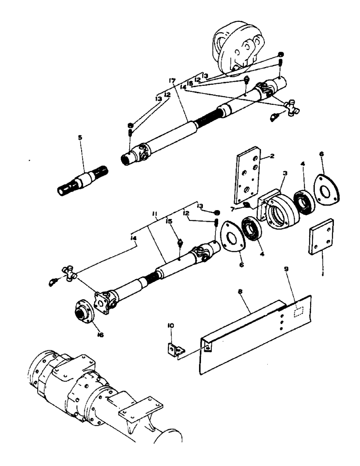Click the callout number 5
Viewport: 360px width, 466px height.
[80, 138]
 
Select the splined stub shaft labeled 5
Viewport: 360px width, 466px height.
[83, 181]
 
